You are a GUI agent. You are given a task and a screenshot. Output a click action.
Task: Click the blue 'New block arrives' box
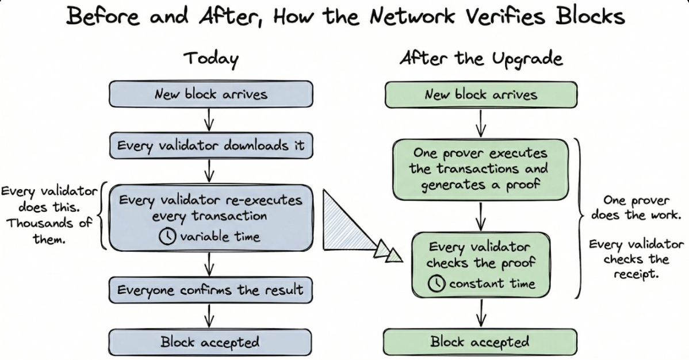point(210,94)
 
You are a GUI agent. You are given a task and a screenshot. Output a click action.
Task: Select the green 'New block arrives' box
point(480,94)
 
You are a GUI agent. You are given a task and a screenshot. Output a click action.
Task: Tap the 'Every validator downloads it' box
point(210,146)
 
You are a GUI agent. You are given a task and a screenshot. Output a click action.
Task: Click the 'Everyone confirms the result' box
point(210,290)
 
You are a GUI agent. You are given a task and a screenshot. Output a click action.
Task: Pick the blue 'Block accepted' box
point(210,342)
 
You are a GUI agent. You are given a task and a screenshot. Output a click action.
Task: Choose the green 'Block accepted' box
point(480,342)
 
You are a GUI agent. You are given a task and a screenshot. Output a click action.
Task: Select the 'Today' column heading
point(210,60)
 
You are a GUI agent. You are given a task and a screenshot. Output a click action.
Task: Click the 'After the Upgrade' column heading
point(480,60)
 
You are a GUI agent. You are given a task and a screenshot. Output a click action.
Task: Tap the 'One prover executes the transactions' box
point(480,169)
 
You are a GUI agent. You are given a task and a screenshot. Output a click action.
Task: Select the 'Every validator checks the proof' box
point(480,265)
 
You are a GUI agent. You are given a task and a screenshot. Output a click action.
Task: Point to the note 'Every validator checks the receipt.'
point(636,259)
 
